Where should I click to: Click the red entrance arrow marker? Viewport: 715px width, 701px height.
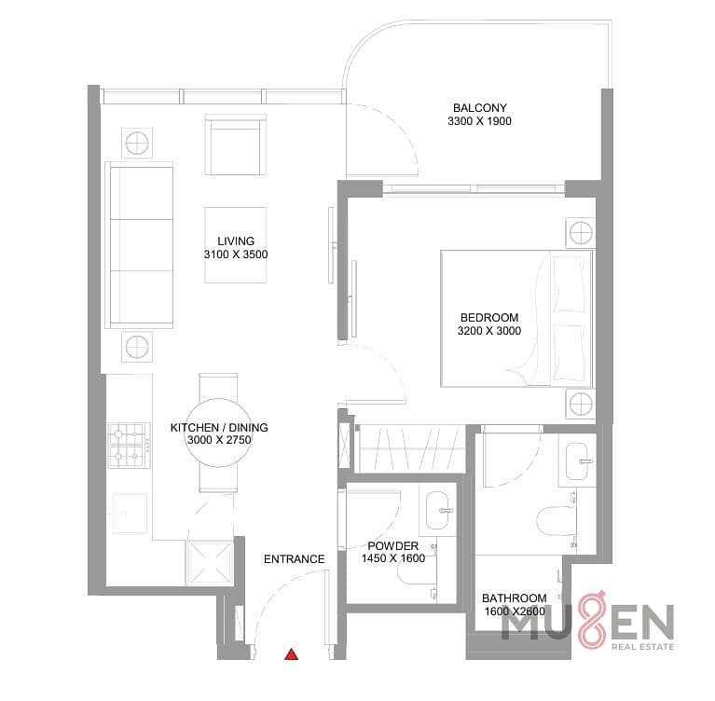coord(292,654)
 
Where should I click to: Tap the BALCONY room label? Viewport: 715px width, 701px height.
coord(480,107)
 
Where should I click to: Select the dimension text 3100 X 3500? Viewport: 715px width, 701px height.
coord(236,254)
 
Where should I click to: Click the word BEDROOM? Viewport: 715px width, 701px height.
coord(489,318)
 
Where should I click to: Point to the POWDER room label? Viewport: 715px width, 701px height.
coord(393,546)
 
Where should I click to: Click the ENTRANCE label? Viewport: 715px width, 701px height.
coord(295,559)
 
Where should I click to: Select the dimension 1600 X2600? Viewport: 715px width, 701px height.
coord(515,612)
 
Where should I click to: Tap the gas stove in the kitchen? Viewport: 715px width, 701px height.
coord(129,446)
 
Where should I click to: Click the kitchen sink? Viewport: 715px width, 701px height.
coord(130,513)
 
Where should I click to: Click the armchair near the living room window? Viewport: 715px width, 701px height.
coord(235,144)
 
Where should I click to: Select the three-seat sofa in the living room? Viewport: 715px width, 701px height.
coord(139,245)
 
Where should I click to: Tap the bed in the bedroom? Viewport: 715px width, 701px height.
coord(516,319)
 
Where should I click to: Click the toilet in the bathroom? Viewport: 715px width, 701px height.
coord(555,520)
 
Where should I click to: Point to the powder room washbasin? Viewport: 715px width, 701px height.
coord(437,510)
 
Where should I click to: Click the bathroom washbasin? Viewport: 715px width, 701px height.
coord(578,460)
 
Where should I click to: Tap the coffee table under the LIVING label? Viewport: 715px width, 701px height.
coord(235,245)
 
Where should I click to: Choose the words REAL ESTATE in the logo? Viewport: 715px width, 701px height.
coord(642,647)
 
